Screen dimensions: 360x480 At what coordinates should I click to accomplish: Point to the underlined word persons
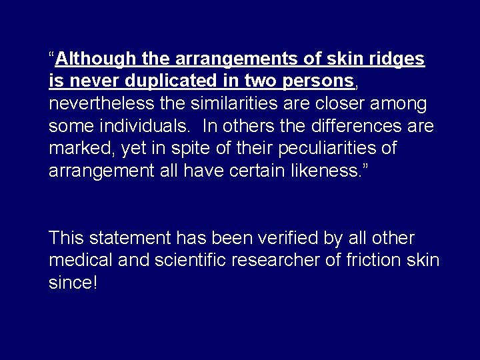319,81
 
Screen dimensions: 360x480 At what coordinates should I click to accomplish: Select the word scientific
186,260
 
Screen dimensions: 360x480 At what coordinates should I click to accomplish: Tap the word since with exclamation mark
73,283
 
